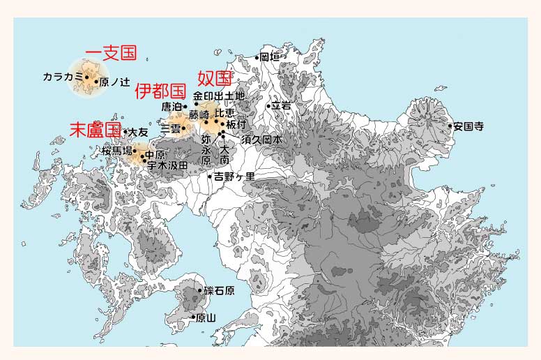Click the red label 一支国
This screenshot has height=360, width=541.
point(111,53)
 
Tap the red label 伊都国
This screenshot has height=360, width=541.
point(160,91)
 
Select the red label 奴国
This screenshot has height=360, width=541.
point(215,77)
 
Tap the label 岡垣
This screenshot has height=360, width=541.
point(269,57)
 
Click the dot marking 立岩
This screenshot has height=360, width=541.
point(268,106)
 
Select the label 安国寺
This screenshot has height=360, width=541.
point(468,127)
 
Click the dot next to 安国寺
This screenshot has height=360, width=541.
point(450,126)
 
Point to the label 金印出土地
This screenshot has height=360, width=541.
point(219,96)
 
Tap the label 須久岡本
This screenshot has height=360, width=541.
point(262,140)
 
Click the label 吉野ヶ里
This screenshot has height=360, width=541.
point(234,177)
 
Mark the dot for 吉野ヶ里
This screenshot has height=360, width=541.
point(210,177)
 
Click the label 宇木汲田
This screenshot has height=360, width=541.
point(167,165)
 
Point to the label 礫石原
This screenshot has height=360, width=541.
point(218,290)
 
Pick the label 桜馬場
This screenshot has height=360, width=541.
point(116,151)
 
